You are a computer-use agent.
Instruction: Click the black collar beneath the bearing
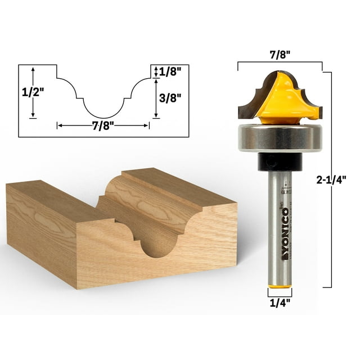[280, 161]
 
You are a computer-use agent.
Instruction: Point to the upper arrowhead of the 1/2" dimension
[33, 68]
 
